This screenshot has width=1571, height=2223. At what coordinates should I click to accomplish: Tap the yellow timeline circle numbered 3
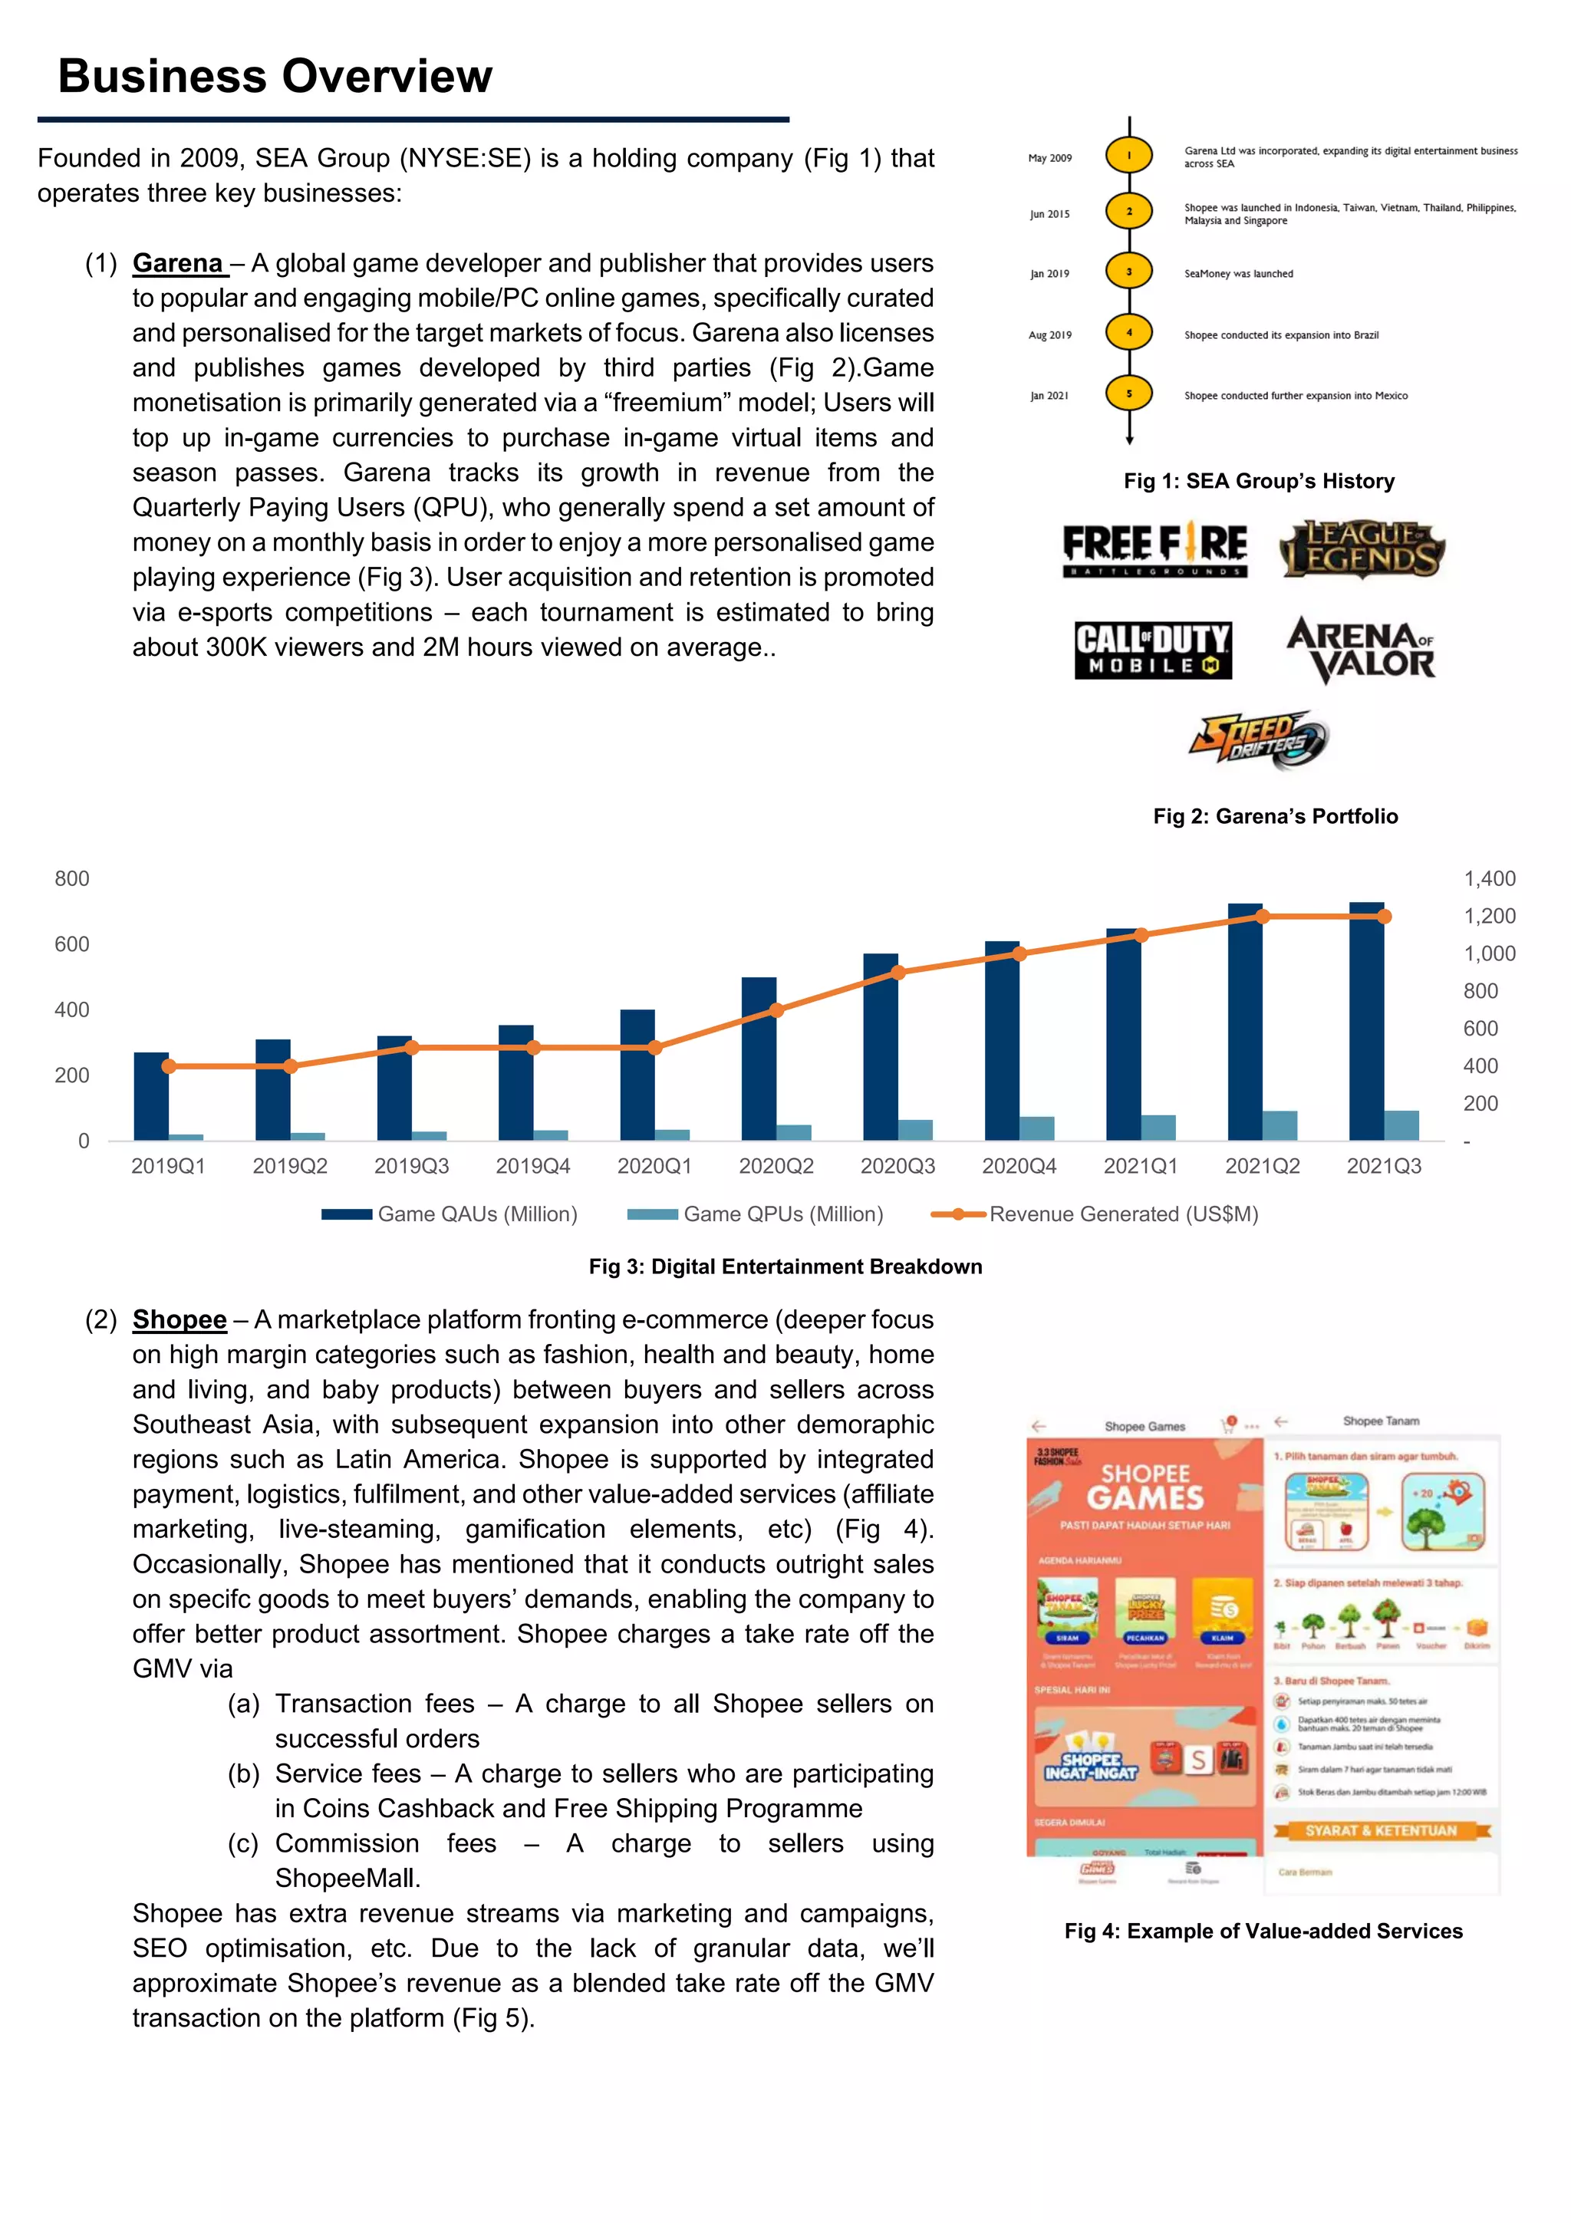[1128, 272]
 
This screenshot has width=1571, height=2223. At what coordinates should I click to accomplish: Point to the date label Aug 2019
[1049, 335]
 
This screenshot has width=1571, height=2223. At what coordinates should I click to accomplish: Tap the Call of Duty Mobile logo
[1153, 650]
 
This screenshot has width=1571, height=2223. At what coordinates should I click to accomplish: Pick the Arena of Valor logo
[1361, 649]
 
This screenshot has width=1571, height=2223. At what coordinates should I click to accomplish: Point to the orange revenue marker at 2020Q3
[898, 972]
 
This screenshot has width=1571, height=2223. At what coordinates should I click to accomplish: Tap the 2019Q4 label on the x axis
[533, 1167]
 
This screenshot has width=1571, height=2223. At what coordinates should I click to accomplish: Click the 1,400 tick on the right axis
[1489, 879]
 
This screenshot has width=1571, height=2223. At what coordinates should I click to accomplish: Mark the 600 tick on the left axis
[71, 944]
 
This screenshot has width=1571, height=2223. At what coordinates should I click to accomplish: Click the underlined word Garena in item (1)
[178, 263]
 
